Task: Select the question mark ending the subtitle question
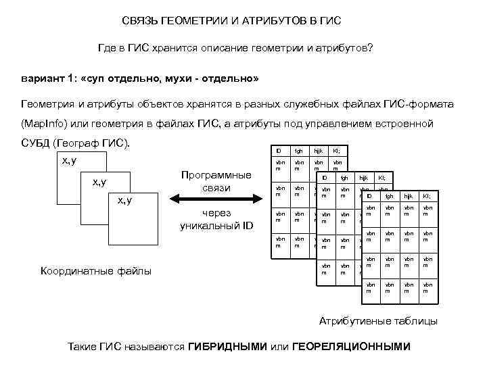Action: [x=371, y=49]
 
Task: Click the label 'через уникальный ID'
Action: [x=216, y=219]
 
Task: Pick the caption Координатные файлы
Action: [x=96, y=271]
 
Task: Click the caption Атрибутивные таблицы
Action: [x=378, y=320]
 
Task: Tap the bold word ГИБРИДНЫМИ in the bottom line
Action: [x=227, y=347]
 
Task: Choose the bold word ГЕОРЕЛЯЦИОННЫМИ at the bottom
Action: [x=351, y=347]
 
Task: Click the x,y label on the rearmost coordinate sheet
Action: [x=69, y=160]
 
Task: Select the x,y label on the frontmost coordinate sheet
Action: [x=125, y=200]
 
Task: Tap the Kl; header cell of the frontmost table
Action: [x=426, y=196]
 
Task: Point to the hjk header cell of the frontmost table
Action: [x=407, y=196]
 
